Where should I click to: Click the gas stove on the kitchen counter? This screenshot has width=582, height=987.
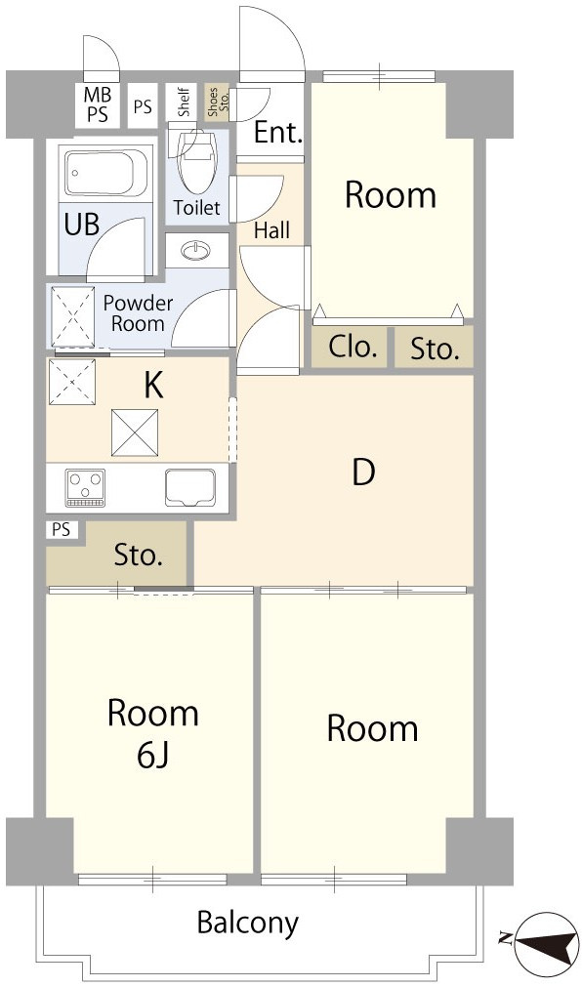point(86,487)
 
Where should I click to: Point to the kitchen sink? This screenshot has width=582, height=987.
point(190,487)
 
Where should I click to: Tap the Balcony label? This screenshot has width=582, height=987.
point(247,924)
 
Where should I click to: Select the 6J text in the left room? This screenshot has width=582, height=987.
point(153,758)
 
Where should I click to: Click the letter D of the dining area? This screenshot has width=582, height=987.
point(363,473)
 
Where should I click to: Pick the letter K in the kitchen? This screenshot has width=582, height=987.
point(153,386)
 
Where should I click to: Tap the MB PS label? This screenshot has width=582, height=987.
point(98,104)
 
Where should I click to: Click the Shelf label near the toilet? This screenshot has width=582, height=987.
point(184,102)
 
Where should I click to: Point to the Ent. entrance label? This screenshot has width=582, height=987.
point(277,134)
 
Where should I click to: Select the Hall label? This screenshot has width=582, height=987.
point(272,230)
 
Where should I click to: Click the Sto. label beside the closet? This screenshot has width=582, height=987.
point(433,349)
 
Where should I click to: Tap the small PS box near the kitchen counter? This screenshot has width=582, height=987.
point(62,530)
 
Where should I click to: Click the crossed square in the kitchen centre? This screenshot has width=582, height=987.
point(135,432)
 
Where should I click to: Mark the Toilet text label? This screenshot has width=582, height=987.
point(197,207)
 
